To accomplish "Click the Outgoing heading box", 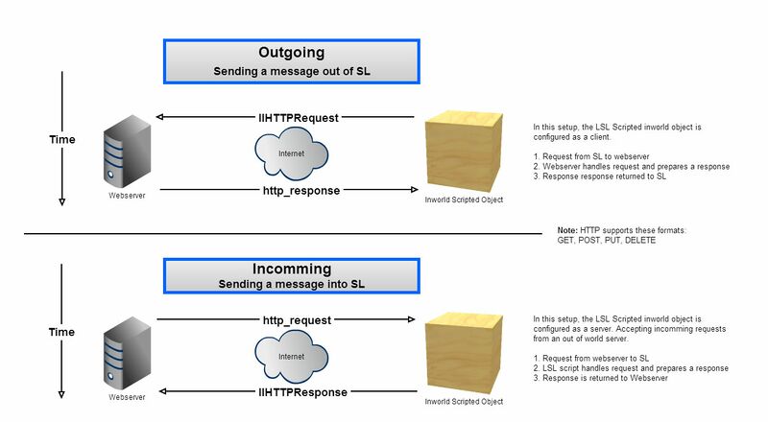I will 291,61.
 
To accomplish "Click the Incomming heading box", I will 291,275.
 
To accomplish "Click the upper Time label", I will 62,140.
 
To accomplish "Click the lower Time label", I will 62,332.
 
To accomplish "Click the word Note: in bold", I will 567,231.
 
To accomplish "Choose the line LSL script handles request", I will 630,368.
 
